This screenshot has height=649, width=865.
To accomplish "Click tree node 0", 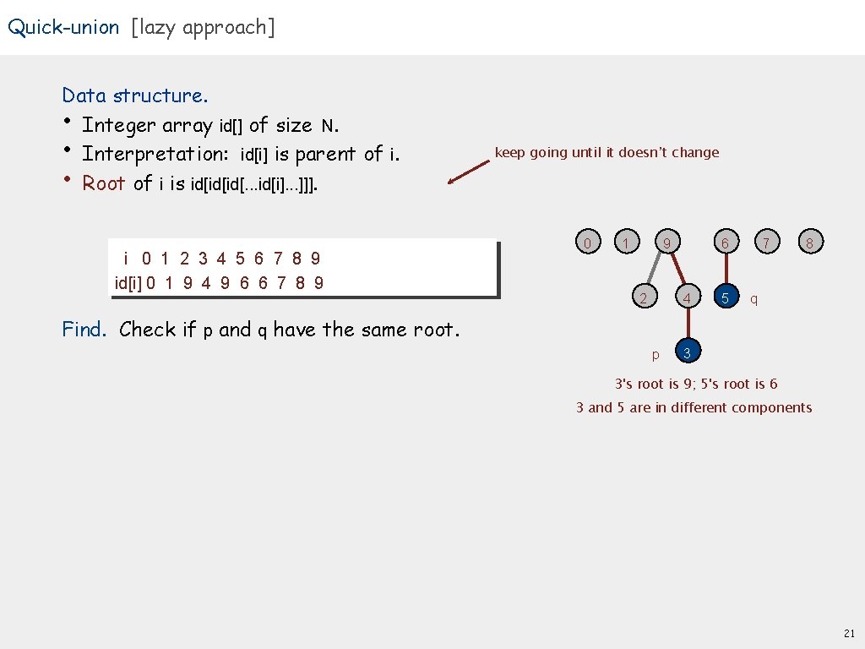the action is pyautogui.click(x=587, y=243).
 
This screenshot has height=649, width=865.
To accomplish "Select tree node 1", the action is pyautogui.click(x=624, y=243).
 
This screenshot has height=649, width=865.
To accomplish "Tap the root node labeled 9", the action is pyautogui.click(x=667, y=243).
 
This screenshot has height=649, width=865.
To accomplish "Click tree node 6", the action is pyautogui.click(x=725, y=243).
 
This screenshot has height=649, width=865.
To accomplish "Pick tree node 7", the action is pyautogui.click(x=766, y=243).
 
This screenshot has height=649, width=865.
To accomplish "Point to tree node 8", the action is pyautogui.click(x=809, y=243).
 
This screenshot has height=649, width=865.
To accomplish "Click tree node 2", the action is pyautogui.click(x=644, y=298).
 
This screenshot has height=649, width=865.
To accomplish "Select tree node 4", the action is pyautogui.click(x=688, y=298).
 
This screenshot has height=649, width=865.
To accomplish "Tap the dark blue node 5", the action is pyautogui.click(x=725, y=298).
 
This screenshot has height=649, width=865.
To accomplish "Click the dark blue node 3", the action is pyautogui.click(x=688, y=352).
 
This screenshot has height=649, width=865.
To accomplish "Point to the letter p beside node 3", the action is pyautogui.click(x=656, y=354).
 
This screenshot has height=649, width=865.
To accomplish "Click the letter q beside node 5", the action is pyautogui.click(x=753, y=299).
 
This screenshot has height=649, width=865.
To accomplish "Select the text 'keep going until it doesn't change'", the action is pyautogui.click(x=607, y=153).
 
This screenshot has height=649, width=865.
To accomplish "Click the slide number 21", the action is pyautogui.click(x=849, y=632).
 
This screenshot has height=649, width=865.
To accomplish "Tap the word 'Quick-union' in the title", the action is pyautogui.click(x=64, y=27).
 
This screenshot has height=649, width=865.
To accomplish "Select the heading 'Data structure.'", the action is pyautogui.click(x=135, y=95).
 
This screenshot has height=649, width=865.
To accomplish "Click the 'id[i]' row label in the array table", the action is pyautogui.click(x=128, y=282).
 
